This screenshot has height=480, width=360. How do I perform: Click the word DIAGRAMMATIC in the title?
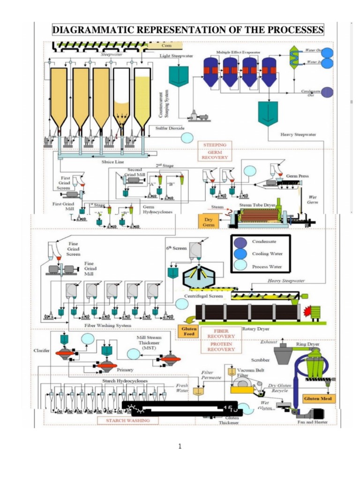96,30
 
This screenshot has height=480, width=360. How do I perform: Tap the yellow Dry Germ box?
209,221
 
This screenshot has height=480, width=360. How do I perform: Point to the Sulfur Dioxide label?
170,127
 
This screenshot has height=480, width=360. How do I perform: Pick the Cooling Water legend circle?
240,255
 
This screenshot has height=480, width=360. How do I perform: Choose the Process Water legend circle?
240,267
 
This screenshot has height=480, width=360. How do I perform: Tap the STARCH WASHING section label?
128,420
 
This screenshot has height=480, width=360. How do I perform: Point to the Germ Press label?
297,176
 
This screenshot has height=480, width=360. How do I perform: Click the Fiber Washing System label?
108,325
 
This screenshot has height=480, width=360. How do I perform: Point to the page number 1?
180,446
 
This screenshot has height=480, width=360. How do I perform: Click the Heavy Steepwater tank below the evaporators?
268,112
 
